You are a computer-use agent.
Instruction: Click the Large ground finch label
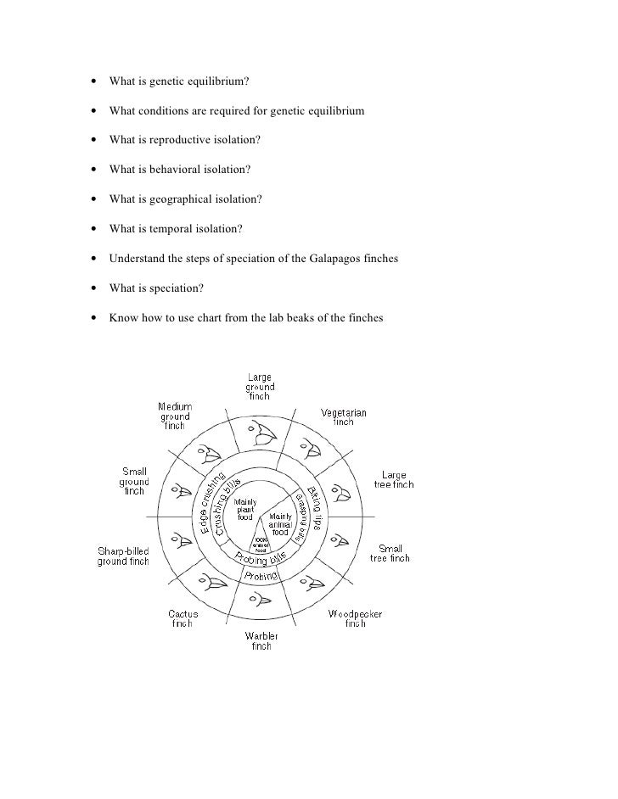260,387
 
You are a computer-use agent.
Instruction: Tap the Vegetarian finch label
343,417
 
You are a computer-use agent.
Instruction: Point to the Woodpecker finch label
347,617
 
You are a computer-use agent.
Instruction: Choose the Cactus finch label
183,618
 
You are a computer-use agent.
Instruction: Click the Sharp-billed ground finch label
123,556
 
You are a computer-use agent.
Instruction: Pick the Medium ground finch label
175,416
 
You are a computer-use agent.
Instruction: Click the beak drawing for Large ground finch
262,437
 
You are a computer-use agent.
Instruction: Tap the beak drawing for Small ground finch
180,490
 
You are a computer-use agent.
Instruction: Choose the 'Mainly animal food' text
280,520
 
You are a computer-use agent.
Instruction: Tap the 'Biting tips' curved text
317,508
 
